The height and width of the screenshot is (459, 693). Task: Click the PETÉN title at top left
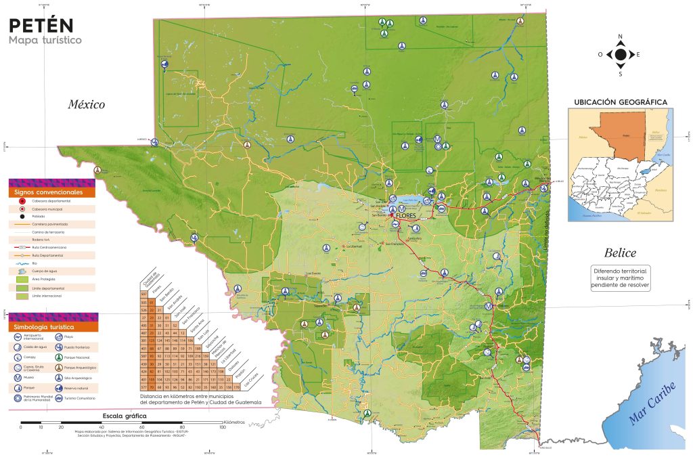[40, 25]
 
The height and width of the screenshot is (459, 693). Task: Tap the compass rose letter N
[620, 38]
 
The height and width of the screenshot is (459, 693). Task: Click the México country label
[86, 104]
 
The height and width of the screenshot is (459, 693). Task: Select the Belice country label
[620, 253]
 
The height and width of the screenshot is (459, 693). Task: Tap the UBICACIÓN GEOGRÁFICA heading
[621, 102]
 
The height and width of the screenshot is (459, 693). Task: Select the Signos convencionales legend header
[51, 192]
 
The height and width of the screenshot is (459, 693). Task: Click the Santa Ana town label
[414, 238]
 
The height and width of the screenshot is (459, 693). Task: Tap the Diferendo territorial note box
[621, 277]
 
